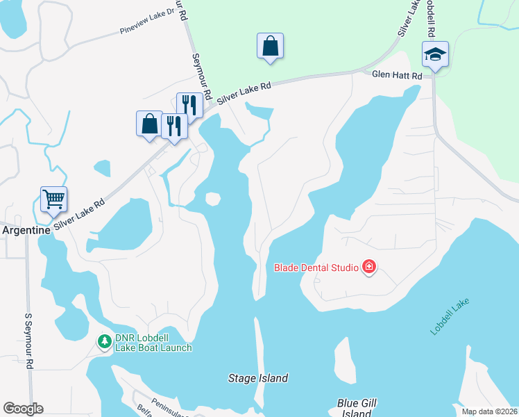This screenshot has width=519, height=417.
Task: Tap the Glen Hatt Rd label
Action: click(x=397, y=75)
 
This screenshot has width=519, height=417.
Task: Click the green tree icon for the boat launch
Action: click(x=104, y=341)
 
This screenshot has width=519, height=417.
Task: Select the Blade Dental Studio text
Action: click(x=316, y=267)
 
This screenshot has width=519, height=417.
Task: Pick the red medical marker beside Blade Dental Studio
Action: click(x=368, y=267)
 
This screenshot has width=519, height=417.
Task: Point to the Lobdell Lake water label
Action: click(x=450, y=316)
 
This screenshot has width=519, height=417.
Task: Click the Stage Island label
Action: click(x=258, y=379)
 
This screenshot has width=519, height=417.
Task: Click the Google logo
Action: click(x=23, y=409)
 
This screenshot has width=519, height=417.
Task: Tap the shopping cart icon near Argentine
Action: click(x=53, y=199)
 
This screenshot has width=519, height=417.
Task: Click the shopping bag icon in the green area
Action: click(x=270, y=47)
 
